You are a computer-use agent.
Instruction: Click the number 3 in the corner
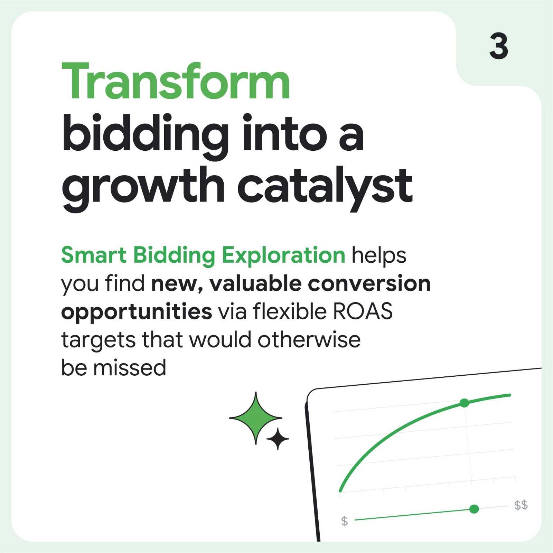pyautogui.click(x=499, y=46)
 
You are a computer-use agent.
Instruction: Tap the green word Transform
pyautogui.click(x=176, y=82)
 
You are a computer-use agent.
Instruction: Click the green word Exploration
pyautogui.click(x=283, y=256)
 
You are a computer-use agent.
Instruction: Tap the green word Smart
pyautogui.click(x=94, y=255)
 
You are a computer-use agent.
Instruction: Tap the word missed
pyautogui.click(x=130, y=367)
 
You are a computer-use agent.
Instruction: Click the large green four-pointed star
pyautogui.click(x=255, y=418)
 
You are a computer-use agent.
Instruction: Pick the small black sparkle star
pyautogui.click(x=278, y=439)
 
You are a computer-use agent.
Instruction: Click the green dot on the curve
pyautogui.click(x=464, y=403)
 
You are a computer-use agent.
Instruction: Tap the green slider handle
pyautogui.click(x=474, y=509)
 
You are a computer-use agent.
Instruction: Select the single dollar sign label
pyautogui.click(x=344, y=521)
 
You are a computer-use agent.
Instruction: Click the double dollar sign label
pyautogui.click(x=521, y=505)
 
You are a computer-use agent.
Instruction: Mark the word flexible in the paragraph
pyautogui.click(x=290, y=311)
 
